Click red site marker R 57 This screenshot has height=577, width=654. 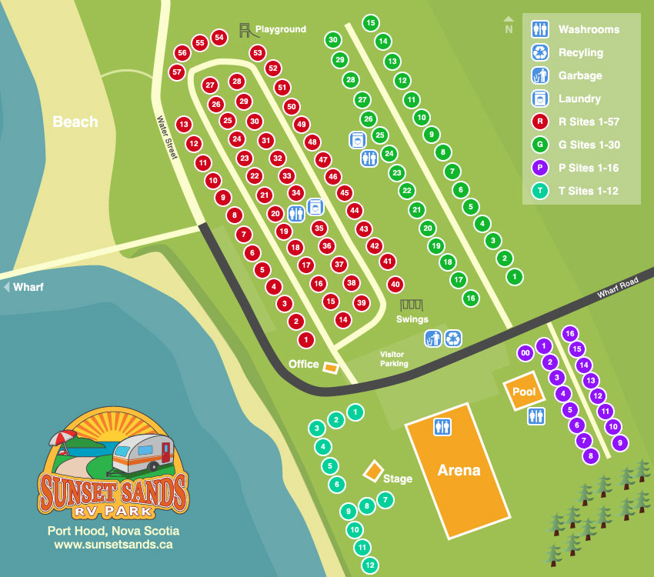177,72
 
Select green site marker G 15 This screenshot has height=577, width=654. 370,23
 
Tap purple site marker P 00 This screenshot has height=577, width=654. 526,353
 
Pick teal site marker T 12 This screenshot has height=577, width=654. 370,565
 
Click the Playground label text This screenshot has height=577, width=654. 281,29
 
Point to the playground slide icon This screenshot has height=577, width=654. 246,30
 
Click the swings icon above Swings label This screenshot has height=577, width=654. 412,305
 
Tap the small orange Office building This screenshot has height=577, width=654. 330,368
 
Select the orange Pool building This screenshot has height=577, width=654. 524,392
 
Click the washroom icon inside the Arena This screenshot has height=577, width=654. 442,425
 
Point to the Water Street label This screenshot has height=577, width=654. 167,137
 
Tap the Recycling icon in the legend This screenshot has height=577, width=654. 540,52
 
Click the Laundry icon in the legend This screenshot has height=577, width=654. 540,98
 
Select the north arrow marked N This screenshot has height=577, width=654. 508,27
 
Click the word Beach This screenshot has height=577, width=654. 75,122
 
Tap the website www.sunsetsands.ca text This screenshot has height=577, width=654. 113,545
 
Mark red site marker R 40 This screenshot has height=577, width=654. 395,284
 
